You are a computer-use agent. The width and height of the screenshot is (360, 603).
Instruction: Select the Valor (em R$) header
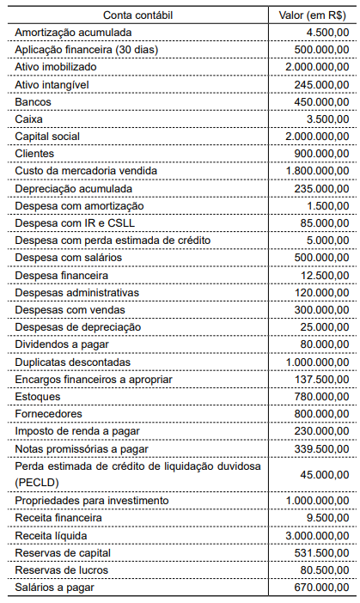pyautogui.click(x=313, y=15)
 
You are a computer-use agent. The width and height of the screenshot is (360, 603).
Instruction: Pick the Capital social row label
pyautogui.click(x=47, y=136)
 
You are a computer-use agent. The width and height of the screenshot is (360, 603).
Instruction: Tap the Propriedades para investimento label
pyautogui.click(x=87, y=500)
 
